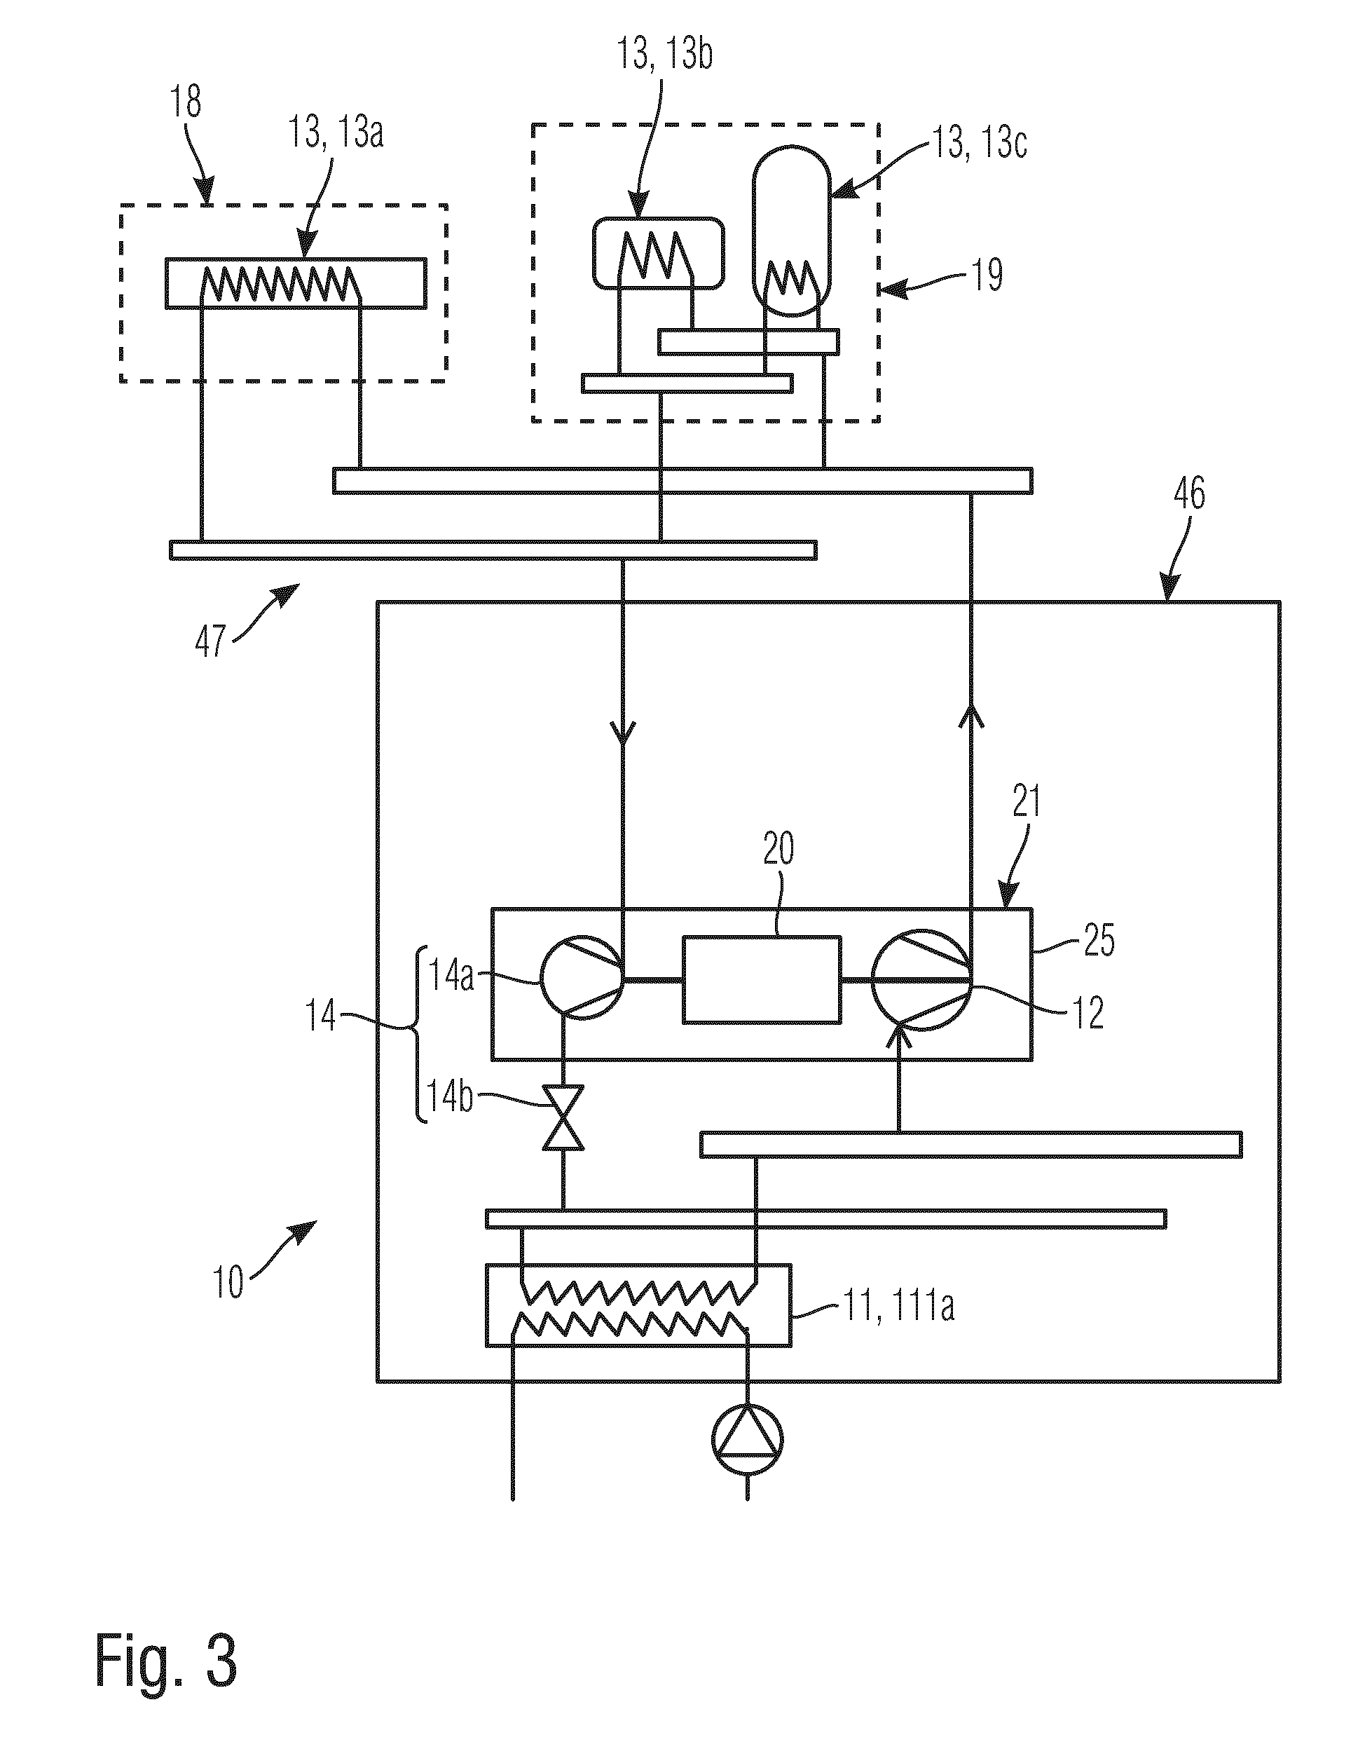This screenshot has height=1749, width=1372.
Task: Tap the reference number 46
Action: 1189,494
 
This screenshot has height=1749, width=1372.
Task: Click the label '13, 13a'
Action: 336,132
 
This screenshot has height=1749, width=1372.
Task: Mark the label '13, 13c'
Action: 979,144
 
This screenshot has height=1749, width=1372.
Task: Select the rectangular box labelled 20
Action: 762,979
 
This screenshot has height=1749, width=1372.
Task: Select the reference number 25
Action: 1099,941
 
